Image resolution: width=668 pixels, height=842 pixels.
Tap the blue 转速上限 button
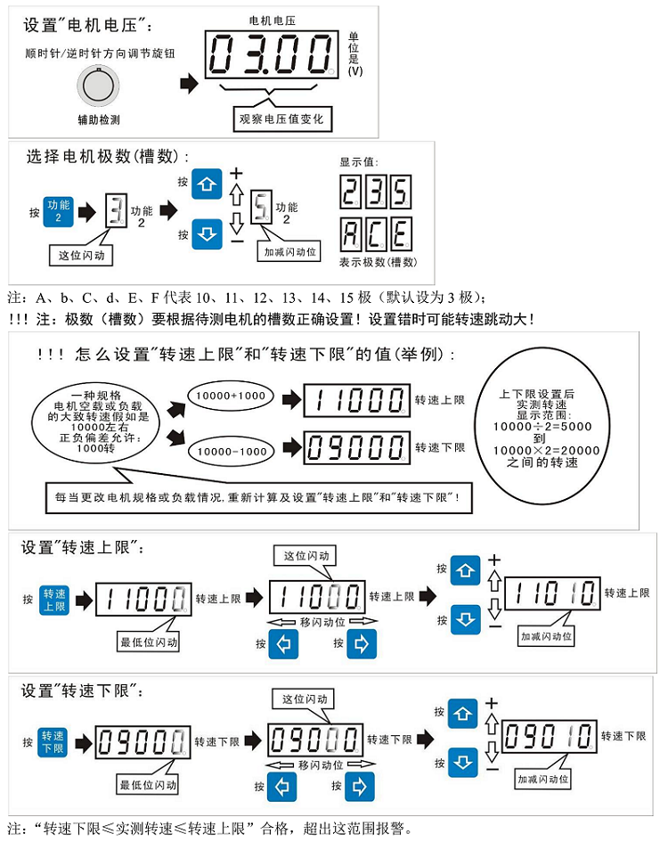coord(53,600)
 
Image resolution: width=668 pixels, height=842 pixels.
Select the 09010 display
coord(550,736)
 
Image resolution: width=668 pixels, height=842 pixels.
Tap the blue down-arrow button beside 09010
coord(463,763)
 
